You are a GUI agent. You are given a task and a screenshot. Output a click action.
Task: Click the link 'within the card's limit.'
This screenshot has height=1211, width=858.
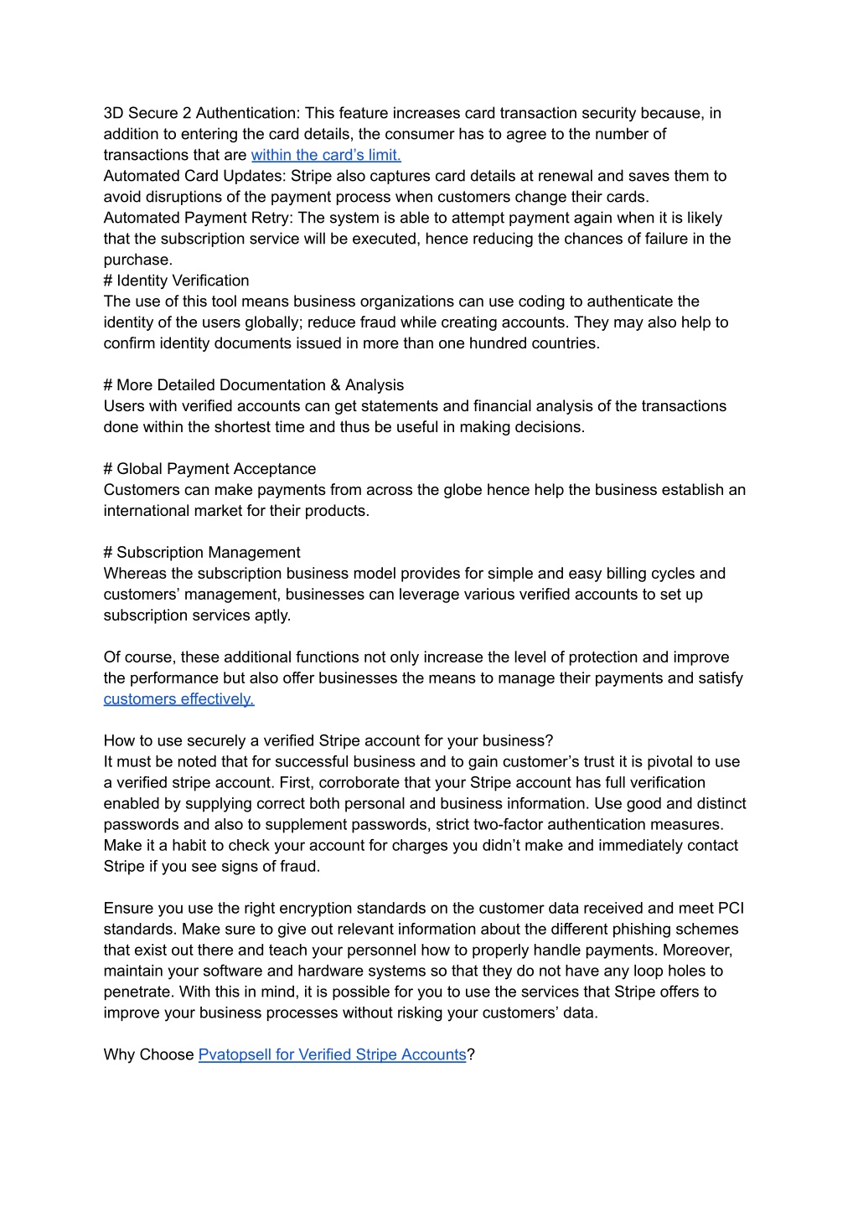pyautogui.click(x=326, y=155)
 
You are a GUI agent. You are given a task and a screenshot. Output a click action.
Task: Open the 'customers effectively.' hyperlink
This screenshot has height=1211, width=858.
pyautogui.click(x=178, y=699)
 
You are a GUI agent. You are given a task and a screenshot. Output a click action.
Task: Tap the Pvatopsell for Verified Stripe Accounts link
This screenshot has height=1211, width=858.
pyautogui.click(x=332, y=1055)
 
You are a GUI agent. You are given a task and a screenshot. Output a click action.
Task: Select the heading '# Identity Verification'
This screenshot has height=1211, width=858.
pyautogui.click(x=176, y=281)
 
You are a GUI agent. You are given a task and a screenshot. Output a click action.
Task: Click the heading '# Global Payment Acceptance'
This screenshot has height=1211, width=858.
pyautogui.click(x=209, y=469)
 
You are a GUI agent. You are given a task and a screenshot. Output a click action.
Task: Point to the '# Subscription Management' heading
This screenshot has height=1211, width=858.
pyautogui.click(x=202, y=553)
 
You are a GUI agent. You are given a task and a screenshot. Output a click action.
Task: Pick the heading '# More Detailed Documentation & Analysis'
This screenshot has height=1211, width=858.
pyautogui.click(x=253, y=385)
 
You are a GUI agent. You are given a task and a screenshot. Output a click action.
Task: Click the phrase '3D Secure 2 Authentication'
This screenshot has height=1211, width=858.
pyautogui.click(x=201, y=113)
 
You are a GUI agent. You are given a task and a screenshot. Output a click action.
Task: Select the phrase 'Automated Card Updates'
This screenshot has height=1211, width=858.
pyautogui.click(x=192, y=176)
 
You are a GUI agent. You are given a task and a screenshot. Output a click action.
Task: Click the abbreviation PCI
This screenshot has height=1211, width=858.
pyautogui.click(x=731, y=909)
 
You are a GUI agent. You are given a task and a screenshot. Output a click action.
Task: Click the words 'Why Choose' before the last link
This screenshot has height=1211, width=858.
pyautogui.click(x=148, y=1055)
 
